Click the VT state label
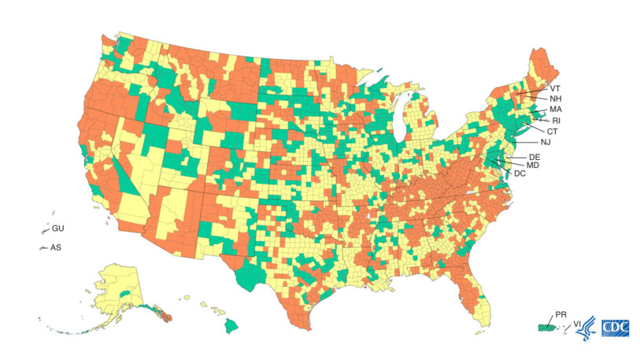coord(555,89)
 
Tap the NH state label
coord(555,99)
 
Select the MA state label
coord(556,109)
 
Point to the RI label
coord(556,121)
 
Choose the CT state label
coord(552,131)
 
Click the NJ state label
coord(546,142)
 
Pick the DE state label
coord(535,158)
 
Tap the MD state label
coord(532,165)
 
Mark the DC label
coord(520,173)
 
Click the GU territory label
coord(57,228)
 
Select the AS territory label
coord(56,247)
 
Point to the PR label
coord(560,314)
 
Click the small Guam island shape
coord(45,231)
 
